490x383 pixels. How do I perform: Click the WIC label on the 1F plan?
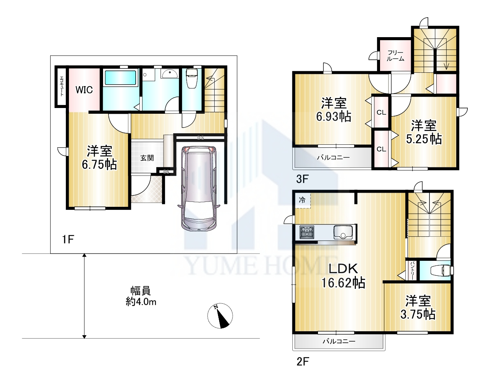(84, 90)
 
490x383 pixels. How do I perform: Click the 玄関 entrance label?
(147, 158)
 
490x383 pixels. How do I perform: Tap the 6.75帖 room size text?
(99, 165)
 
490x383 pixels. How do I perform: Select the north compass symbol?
(220, 316)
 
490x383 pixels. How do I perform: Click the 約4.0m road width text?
(141, 302)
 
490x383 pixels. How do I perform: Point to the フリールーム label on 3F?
(395, 56)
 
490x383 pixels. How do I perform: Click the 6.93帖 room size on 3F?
(334, 116)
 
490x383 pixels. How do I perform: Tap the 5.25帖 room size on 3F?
(424, 139)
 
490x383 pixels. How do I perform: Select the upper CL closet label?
(381, 112)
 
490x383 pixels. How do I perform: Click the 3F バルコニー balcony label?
(333, 157)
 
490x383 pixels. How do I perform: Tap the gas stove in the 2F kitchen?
(307, 232)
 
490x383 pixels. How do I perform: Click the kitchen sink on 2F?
(343, 232)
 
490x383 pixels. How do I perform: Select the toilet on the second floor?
(441, 270)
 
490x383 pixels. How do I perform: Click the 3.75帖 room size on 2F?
(418, 314)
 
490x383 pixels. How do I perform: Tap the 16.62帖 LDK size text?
(343, 283)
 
